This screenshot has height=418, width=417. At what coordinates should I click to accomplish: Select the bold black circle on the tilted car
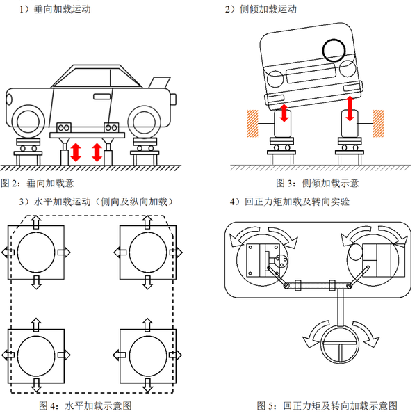click(335, 49)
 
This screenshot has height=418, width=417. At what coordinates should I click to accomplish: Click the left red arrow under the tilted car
click(284, 113)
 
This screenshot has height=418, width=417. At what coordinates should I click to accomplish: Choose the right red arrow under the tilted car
click(350, 108)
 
